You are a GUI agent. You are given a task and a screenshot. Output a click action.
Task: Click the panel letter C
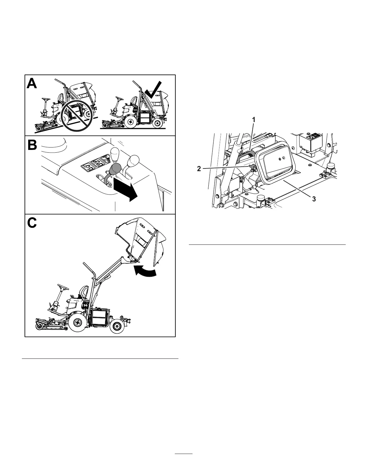pos(32,223)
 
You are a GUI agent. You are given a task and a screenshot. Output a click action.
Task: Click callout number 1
pos(254,120)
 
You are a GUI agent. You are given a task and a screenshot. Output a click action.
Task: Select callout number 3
pos(314,199)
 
